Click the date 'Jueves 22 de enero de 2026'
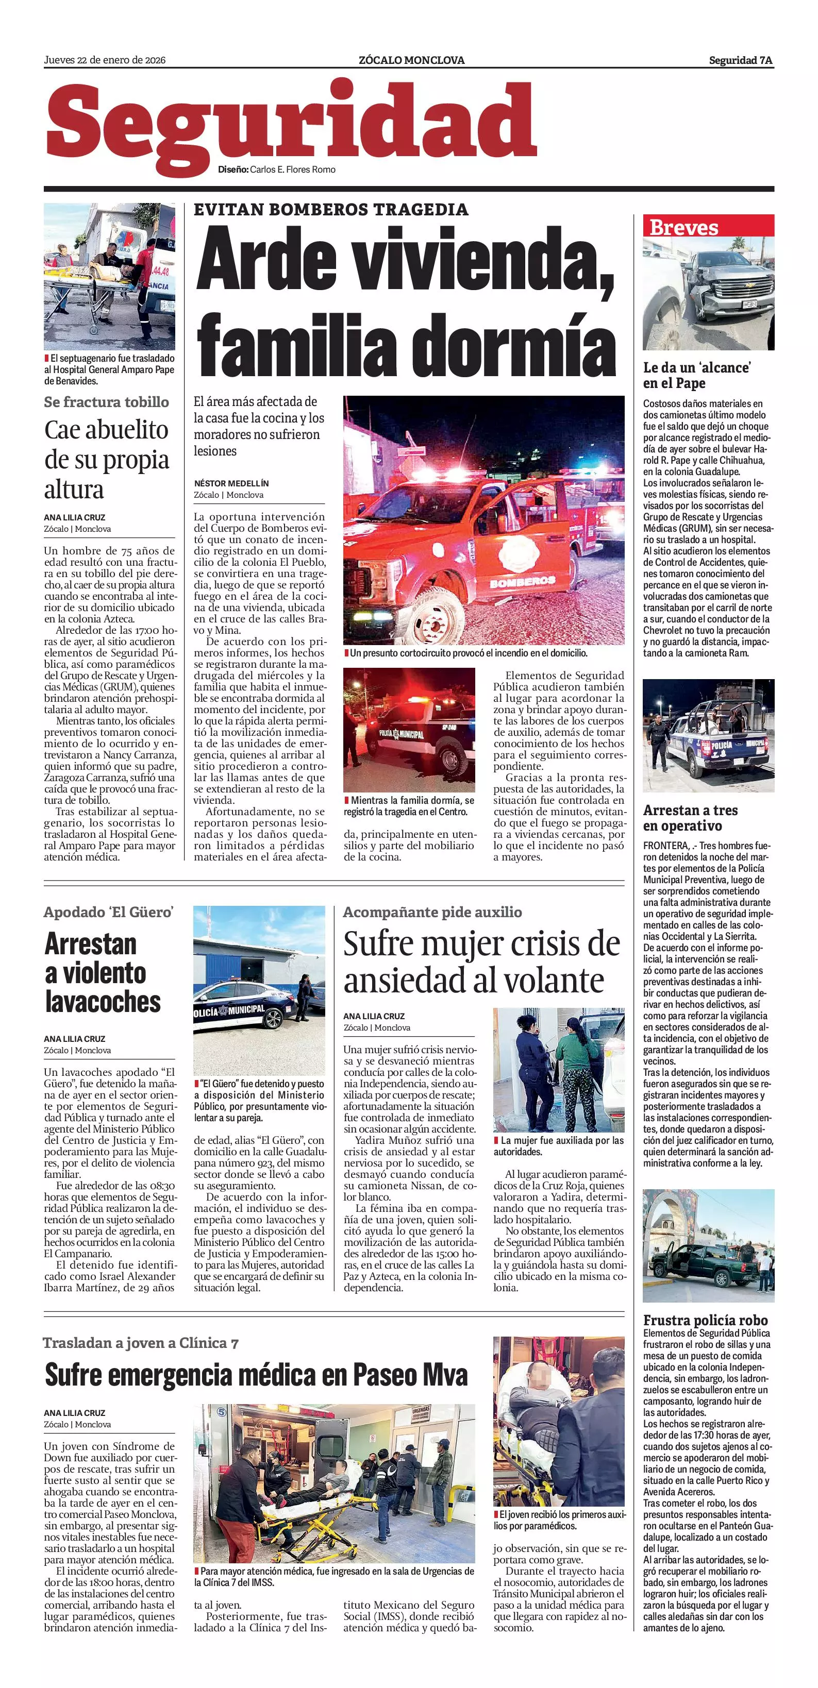[105, 60]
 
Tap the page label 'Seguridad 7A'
[741, 60]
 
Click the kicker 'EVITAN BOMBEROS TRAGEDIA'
[331, 210]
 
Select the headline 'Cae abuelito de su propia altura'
[107, 459]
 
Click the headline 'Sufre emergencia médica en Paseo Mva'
[256, 1375]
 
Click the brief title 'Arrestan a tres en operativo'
[690, 818]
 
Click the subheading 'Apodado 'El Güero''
[109, 912]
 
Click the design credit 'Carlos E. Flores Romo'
[292, 170]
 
